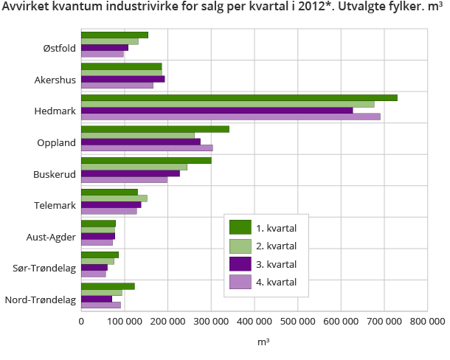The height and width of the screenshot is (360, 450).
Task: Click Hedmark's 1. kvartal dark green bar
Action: pyautogui.click(x=239, y=97)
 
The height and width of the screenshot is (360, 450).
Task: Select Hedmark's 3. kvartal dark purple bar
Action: pyautogui.click(x=217, y=111)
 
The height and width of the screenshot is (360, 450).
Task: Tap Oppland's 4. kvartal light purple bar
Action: pyautogui.click(x=147, y=148)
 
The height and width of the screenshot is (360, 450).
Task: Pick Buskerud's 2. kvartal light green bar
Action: pyautogui.click(x=134, y=167)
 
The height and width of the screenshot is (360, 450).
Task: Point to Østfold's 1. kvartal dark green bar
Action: pyautogui.click(x=114, y=35)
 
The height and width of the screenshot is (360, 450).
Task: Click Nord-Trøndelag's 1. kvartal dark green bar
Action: pyautogui.click(x=108, y=286)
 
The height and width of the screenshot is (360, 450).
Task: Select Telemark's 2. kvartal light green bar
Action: pyautogui.click(x=114, y=198)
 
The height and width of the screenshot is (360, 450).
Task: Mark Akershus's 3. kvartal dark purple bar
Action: pyautogui.click(x=122, y=79)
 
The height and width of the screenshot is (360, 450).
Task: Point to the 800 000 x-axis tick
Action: pyautogui.click(x=428, y=321)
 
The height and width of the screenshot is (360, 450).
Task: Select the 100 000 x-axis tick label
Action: pyautogui.click(x=125, y=321)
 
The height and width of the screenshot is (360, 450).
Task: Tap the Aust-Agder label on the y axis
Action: pyautogui.click(x=51, y=237)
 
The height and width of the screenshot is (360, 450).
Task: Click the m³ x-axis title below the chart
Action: pyautogui.click(x=263, y=342)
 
